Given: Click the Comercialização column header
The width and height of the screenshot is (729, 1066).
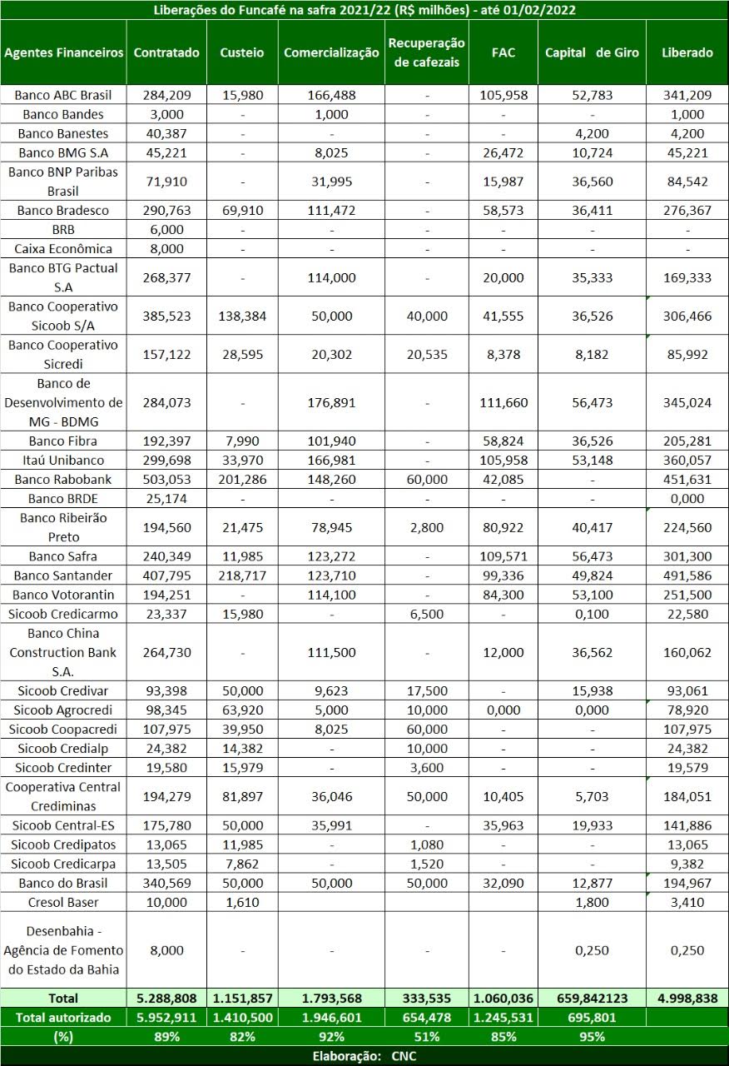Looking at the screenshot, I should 331,52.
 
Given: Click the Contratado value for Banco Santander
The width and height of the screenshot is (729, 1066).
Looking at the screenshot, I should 166,575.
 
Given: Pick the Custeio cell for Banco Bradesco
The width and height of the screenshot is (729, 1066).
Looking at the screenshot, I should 241,211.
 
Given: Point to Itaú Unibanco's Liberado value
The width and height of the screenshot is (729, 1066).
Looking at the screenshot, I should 687,461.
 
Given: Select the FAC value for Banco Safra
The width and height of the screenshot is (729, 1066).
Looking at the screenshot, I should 503,556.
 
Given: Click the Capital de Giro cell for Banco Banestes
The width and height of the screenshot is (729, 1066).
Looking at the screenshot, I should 591,133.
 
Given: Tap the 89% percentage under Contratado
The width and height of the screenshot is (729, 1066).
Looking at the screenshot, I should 166,1037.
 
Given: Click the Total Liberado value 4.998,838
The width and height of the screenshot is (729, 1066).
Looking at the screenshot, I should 687,998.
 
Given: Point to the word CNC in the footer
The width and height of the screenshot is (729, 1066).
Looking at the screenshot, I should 404,1056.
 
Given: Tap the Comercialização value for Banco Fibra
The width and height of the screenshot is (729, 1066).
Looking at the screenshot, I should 331,441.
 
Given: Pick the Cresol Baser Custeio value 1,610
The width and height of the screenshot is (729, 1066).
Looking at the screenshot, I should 241,902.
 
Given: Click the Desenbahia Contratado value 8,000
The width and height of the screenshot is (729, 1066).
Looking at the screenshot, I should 166,950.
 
